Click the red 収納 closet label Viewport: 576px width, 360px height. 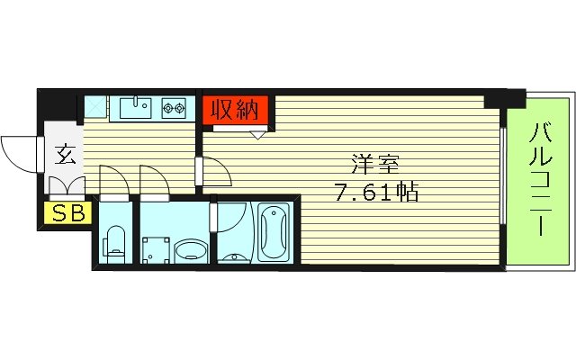(x=236, y=110)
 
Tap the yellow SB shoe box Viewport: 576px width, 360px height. (x=65, y=214)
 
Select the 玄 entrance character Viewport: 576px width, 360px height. (x=65, y=153)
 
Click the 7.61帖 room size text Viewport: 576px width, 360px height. (x=375, y=192)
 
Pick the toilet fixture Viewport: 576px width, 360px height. (x=113, y=240)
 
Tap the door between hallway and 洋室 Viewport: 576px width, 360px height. (x=212, y=170)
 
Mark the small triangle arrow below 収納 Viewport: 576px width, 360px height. (x=258, y=135)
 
